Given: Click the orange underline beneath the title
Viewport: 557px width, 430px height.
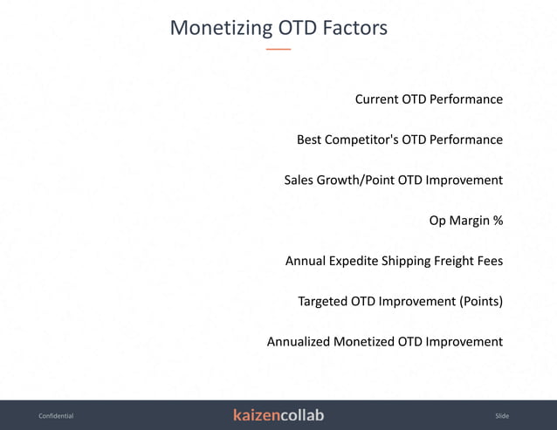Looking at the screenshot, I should click(278, 50).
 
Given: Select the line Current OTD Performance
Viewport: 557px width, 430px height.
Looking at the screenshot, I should click(428, 99).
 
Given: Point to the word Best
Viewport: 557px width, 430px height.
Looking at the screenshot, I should click(309, 140).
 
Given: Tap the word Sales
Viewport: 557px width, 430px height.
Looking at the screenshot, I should click(299, 180).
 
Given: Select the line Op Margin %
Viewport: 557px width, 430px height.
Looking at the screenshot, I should click(465, 221).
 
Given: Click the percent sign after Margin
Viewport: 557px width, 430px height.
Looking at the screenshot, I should click(498, 221).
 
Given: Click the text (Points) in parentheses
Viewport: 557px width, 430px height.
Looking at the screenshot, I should click(481, 302).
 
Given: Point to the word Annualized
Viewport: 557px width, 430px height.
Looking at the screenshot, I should click(299, 342).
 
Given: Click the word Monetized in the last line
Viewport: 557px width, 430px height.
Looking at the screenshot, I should click(364, 342).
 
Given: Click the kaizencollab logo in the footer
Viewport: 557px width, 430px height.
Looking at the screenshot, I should click(278, 415).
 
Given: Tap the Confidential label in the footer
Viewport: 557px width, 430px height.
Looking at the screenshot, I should click(56, 416).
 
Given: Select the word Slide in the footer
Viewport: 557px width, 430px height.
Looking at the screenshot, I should click(501, 416).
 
